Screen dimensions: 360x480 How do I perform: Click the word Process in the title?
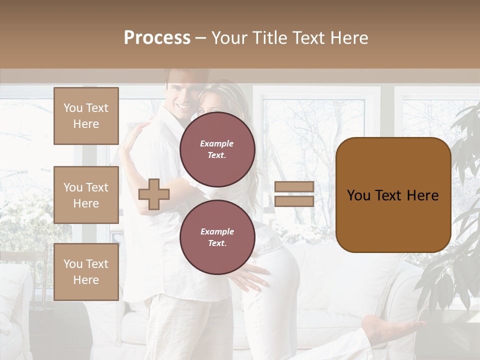[157, 38]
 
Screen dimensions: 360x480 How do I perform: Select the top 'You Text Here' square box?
[86, 116]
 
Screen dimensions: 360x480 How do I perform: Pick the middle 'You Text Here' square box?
[86, 195]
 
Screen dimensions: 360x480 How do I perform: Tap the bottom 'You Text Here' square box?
[86, 272]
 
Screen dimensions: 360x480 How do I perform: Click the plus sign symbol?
[154, 194]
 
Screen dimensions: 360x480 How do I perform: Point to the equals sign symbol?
[294, 194]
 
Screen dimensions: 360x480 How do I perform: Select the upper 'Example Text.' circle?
[217, 149]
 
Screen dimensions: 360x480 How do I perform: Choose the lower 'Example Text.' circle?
[217, 237]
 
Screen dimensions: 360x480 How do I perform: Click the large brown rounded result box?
[393, 195]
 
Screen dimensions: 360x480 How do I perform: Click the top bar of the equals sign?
[294, 187]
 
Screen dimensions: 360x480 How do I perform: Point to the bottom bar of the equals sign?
[294, 201]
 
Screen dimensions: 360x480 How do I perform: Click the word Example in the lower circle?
[217, 231]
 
